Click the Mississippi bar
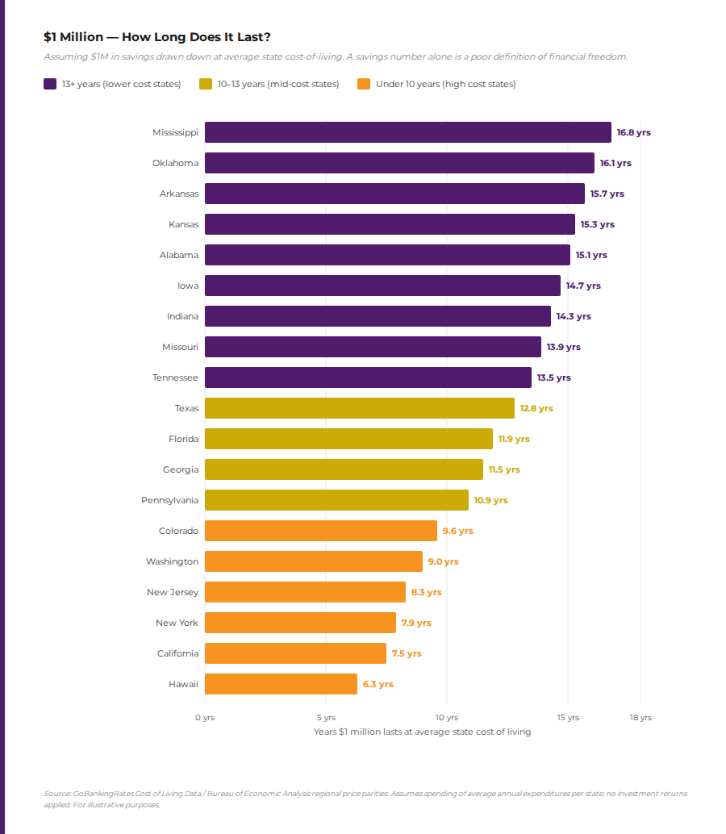click(x=407, y=132)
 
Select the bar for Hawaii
click(x=281, y=684)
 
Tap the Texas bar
click(x=359, y=408)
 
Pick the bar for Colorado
click(x=320, y=531)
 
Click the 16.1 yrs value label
click(x=615, y=163)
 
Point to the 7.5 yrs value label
click(x=407, y=653)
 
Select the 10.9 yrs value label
click(x=490, y=500)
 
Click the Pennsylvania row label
click(x=169, y=500)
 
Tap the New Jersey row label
click(x=172, y=592)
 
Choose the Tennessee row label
click(x=175, y=377)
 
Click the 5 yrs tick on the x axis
click(x=325, y=718)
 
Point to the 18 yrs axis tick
click(x=640, y=718)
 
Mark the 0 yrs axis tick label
click(x=204, y=718)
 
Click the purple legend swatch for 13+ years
click(x=50, y=84)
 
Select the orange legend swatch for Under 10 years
click(x=363, y=84)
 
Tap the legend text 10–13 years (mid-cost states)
click(x=278, y=84)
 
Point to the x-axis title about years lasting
click(x=422, y=732)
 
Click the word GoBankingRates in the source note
click(x=99, y=794)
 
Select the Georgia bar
click(x=344, y=469)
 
